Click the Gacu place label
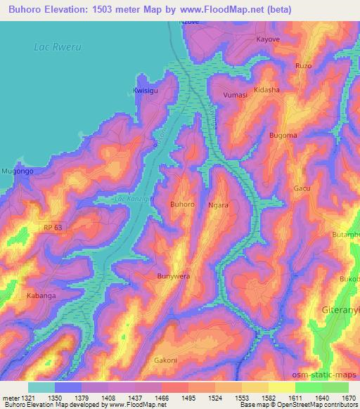[x=302, y=189]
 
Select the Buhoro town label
[x=182, y=204]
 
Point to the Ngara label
[x=218, y=205]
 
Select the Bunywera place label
[x=174, y=276]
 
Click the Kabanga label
[x=41, y=296]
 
